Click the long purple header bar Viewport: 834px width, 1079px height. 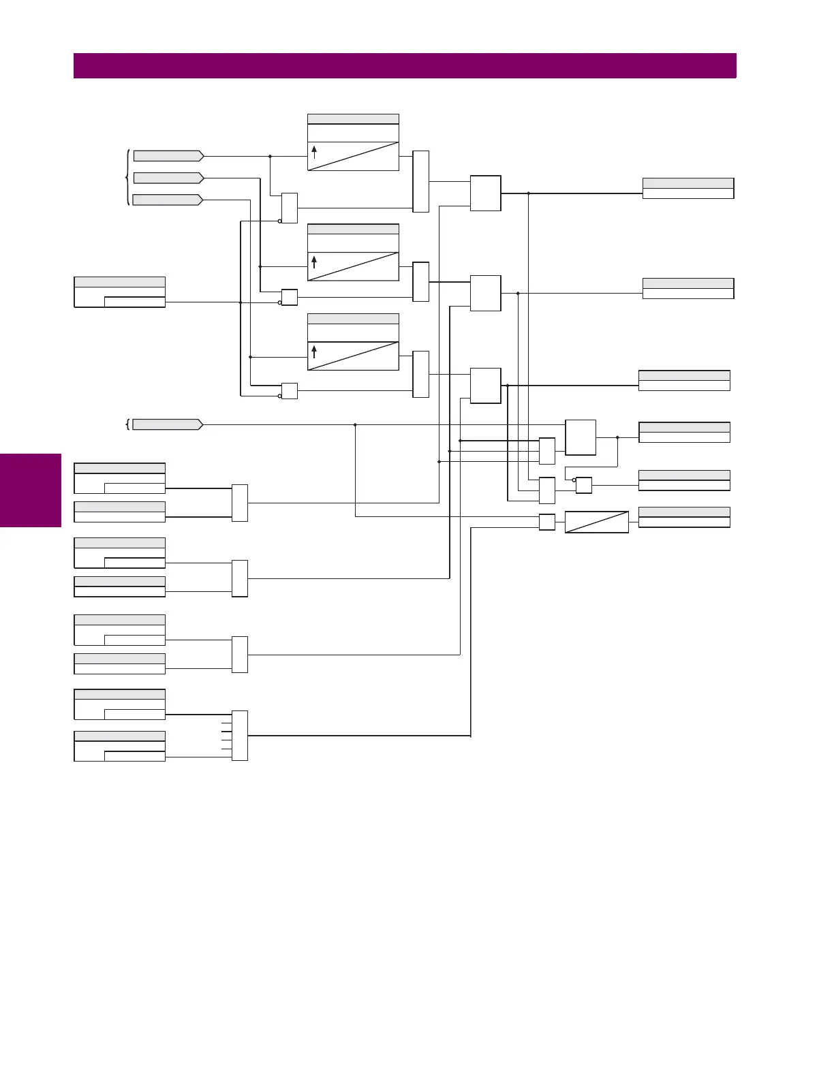[405, 66]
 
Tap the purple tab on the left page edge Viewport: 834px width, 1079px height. [31, 490]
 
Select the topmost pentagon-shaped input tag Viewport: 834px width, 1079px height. [168, 156]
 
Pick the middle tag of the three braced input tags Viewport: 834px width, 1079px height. [168, 178]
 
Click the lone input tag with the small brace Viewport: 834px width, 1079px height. [168, 424]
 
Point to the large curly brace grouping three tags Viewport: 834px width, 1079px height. [127, 178]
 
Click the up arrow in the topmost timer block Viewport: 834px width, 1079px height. [314, 152]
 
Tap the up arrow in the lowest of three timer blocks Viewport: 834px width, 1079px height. [314, 351]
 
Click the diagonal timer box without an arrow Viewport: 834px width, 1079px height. [597, 522]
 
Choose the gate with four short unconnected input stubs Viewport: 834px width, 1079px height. [240, 736]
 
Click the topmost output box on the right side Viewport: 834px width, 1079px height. [688, 188]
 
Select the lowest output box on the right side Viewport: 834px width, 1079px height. [684, 517]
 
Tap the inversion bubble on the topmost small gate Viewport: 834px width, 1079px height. [280, 221]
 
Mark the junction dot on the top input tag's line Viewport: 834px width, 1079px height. [271, 156]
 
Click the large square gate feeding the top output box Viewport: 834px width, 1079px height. [486, 193]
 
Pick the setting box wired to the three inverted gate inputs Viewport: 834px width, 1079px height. [120, 292]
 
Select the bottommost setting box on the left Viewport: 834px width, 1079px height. [120, 746]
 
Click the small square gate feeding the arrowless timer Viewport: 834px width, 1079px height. [547, 522]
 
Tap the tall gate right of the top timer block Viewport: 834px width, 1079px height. [421, 181]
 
